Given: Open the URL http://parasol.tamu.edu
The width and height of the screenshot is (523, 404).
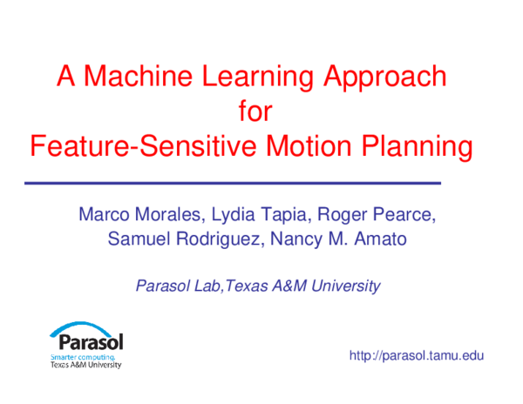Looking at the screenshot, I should coord(417,356).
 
